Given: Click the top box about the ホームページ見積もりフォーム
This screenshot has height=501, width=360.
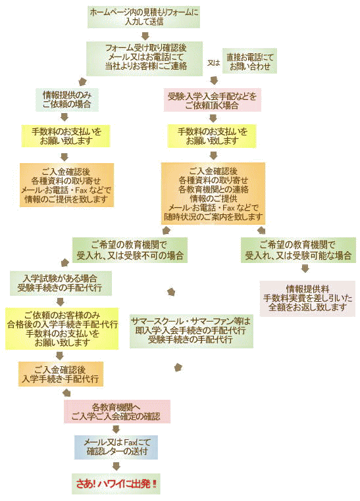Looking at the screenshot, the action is (144, 16).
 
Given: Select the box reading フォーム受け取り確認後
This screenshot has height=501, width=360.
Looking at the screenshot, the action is (145, 59).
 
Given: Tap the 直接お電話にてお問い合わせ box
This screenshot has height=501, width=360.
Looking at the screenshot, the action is (249, 61).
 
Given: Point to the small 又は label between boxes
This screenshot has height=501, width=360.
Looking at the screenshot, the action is (213, 62).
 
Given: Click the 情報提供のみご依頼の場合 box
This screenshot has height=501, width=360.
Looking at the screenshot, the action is (67, 100).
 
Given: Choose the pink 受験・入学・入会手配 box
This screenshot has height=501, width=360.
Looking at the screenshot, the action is (213, 100).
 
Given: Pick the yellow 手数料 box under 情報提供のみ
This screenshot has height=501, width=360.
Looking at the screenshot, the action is (66, 136).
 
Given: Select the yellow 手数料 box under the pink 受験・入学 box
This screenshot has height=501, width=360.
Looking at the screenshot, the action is (212, 136).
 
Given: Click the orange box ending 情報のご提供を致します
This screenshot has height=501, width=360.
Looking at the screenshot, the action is (67, 185).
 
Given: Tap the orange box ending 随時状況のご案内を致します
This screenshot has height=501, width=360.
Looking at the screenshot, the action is (213, 193).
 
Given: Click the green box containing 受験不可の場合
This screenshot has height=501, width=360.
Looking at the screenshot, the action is (130, 251).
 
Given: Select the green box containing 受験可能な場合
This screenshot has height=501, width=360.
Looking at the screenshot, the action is (298, 251).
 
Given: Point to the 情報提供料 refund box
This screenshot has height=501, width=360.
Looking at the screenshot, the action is (307, 298).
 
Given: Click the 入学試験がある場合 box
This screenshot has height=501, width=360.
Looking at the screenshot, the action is (61, 283).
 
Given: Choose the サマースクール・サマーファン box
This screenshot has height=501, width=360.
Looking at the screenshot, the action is (192, 331).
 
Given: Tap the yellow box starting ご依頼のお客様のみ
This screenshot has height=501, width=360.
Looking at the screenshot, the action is (62, 329).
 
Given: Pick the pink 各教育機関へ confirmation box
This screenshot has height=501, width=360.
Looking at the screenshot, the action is (117, 412).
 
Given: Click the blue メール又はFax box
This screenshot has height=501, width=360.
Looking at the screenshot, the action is (116, 447).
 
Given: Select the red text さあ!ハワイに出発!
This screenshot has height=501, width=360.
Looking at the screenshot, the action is (116, 484).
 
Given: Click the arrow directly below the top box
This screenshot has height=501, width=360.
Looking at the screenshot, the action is (146, 35).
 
